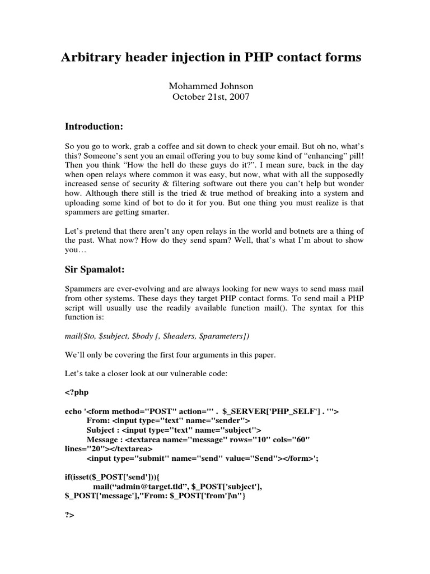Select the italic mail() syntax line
coord(157,336)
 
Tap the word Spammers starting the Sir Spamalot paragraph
coord(83,288)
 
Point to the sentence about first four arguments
coord(163,354)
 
